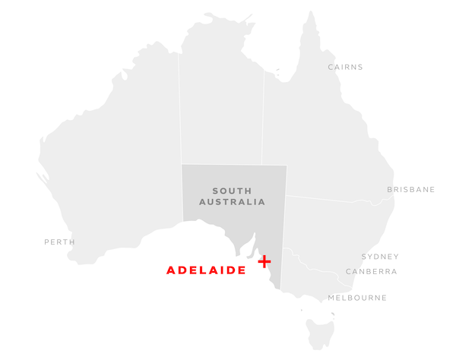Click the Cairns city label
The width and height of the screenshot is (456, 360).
tap(345, 67)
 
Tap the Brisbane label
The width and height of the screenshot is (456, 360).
tap(410, 190)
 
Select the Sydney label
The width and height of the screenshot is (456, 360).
tap(380, 257)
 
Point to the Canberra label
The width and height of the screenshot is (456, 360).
tap(371, 271)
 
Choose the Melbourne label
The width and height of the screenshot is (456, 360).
tap(357, 298)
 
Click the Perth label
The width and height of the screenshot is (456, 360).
tap(59, 242)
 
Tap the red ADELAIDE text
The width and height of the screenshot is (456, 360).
tap(206, 270)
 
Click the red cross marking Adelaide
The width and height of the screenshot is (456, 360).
tap(264, 261)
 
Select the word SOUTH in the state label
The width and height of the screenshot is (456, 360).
tap(232, 191)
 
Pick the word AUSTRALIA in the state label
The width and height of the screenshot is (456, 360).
tap(232, 202)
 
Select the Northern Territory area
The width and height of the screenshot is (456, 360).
tap(220, 106)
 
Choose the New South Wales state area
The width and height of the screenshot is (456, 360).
tap(334, 228)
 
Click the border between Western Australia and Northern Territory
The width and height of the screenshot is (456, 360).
tap(180, 114)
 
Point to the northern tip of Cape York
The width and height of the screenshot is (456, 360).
tap(311, 14)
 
